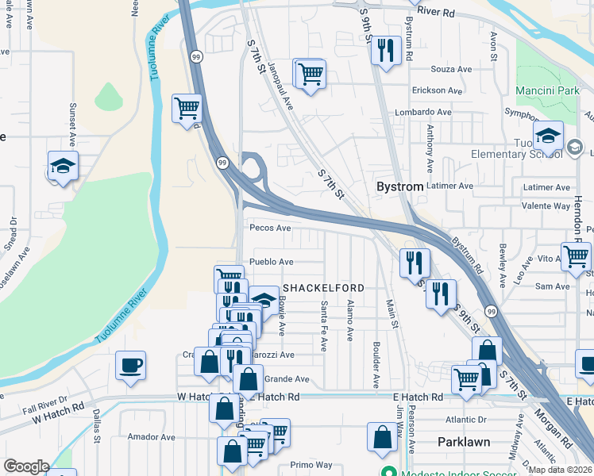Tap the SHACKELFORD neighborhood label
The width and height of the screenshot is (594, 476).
[x=323, y=287]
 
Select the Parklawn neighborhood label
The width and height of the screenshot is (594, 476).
[x=464, y=441]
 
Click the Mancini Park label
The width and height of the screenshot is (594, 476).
[x=547, y=91]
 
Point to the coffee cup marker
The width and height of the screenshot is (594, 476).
[x=131, y=366]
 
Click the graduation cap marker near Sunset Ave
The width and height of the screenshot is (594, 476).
[x=63, y=166]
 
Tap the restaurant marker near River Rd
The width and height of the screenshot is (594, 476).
[x=386, y=51]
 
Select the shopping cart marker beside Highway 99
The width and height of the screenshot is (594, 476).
[x=187, y=107]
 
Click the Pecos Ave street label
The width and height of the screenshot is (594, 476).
[x=270, y=228]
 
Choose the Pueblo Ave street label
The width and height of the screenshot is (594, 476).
[x=272, y=262]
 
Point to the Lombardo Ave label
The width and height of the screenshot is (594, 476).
[x=423, y=113]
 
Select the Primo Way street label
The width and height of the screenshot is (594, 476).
[x=310, y=465]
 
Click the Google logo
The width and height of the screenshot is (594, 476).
[x=26, y=466]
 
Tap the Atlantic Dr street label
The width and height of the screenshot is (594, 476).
[x=465, y=420]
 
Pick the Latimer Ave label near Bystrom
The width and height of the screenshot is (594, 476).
[x=449, y=186]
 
